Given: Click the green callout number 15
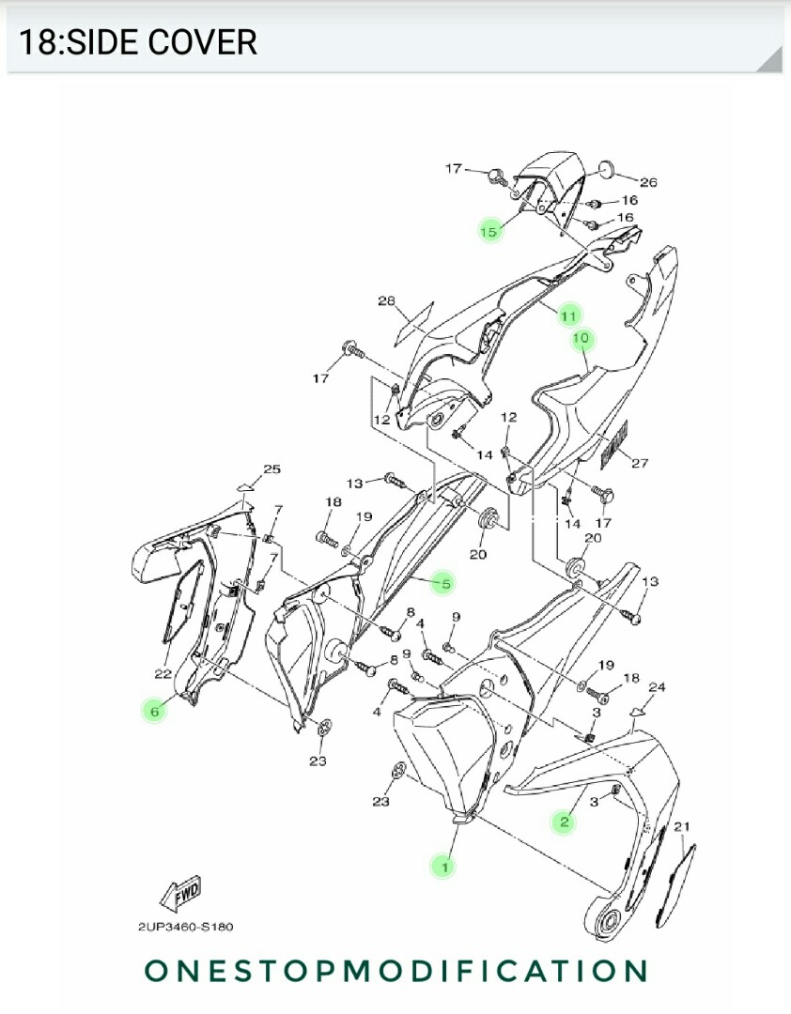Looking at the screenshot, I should (489, 230).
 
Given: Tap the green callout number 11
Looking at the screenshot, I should (568, 315).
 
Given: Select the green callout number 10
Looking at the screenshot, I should (581, 338).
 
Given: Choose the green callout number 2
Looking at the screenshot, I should (565, 822).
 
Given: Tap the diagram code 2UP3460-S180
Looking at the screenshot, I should (186, 927).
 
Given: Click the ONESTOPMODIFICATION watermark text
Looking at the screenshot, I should (395, 971).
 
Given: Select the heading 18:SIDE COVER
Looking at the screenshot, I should (138, 42).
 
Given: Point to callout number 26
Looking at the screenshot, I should (648, 181).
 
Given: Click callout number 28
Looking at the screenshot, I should (386, 301).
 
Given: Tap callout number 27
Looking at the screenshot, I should (640, 463).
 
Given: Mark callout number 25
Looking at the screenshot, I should (271, 469).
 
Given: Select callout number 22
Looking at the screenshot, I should (162, 673).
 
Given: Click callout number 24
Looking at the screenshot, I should (657, 687).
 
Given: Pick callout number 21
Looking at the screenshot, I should (681, 826).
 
